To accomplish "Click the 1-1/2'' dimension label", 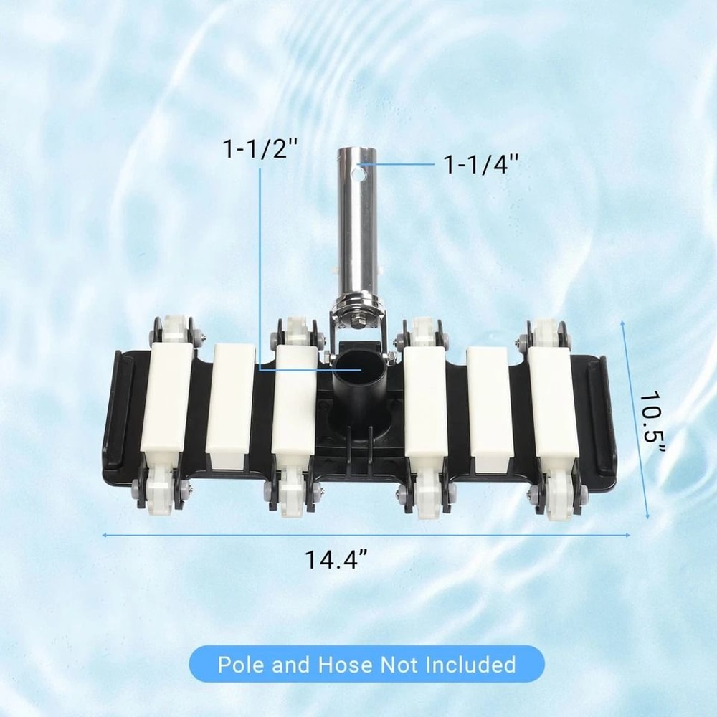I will (x=260, y=151).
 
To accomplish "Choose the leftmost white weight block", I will (x=166, y=398).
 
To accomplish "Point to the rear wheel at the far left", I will (x=171, y=331).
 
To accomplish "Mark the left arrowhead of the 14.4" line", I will (x=105, y=535).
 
